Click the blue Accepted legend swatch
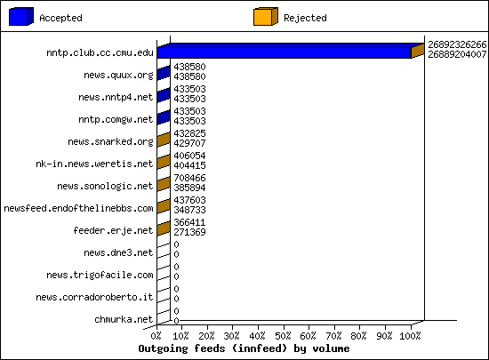click(21, 16)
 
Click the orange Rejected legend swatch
click(266, 16)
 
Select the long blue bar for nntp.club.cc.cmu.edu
click(285, 52)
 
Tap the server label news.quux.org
click(118, 76)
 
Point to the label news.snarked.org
click(110, 142)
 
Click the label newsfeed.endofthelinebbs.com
click(78, 208)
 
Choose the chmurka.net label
click(124, 319)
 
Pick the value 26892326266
click(457, 44)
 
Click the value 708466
click(189, 178)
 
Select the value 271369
click(189, 232)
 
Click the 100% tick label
click(410, 336)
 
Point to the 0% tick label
click(156, 336)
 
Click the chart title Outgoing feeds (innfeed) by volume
click(244, 348)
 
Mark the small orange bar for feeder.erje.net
click(164, 228)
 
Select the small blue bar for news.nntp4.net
click(164, 95)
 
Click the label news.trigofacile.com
click(100, 276)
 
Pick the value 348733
click(189, 210)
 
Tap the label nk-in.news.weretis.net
click(94, 164)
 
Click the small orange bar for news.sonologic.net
click(164, 184)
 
